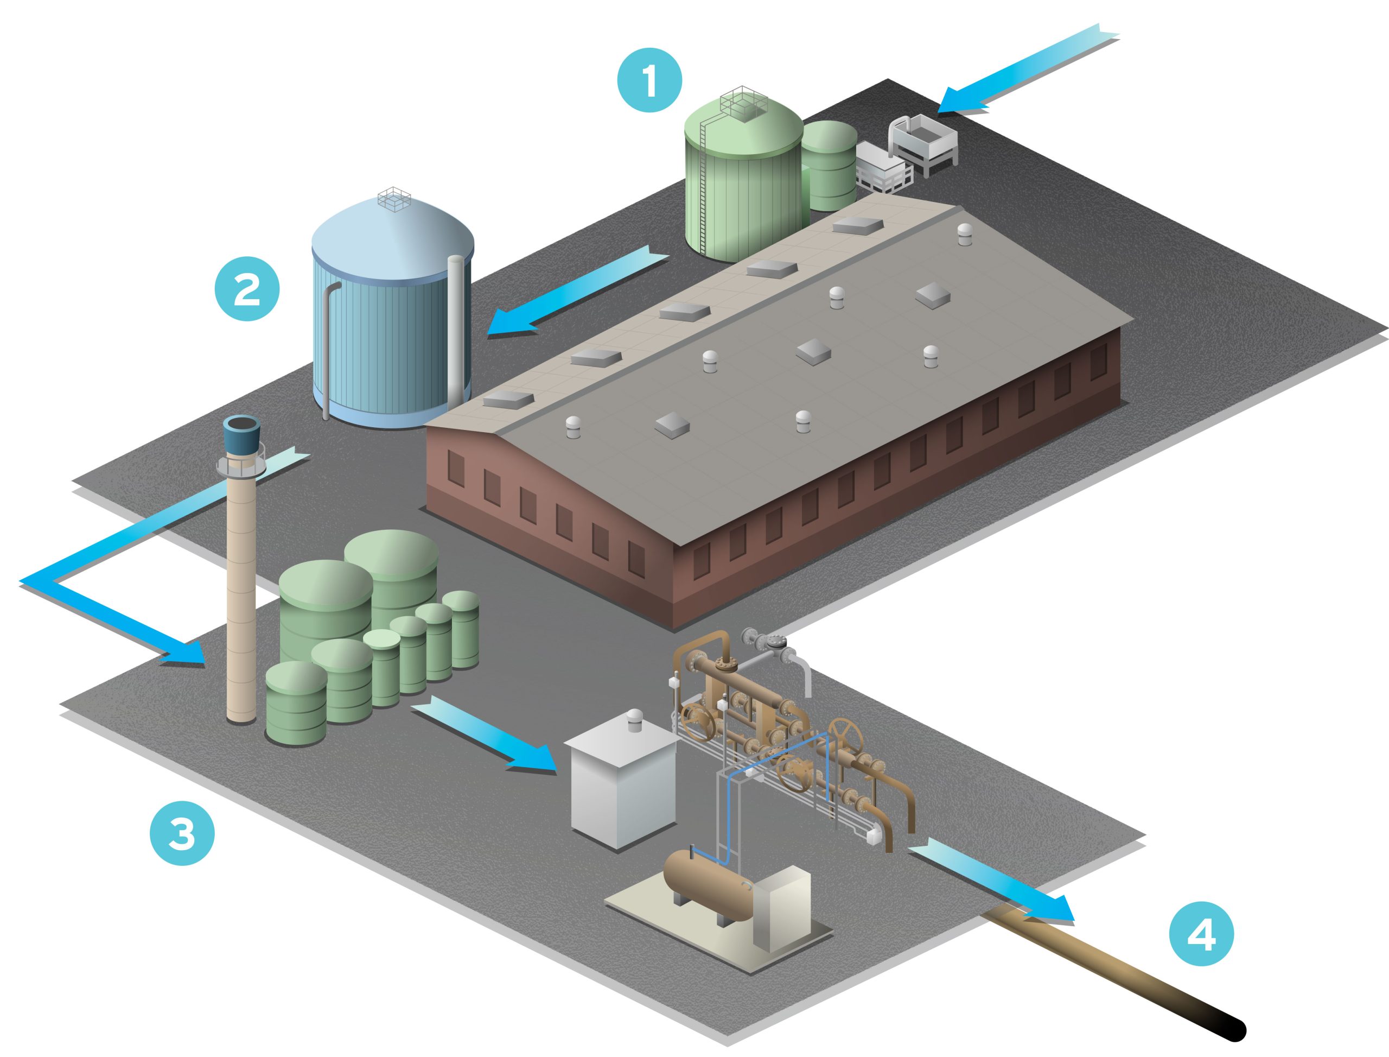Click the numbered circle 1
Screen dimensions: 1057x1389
click(649, 80)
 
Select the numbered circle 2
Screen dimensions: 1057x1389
click(247, 289)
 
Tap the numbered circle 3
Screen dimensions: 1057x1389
click(182, 834)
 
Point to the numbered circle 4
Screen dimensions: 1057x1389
click(1201, 934)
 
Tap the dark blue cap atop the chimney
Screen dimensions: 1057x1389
click(242, 434)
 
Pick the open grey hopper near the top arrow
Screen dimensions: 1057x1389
click(923, 142)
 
